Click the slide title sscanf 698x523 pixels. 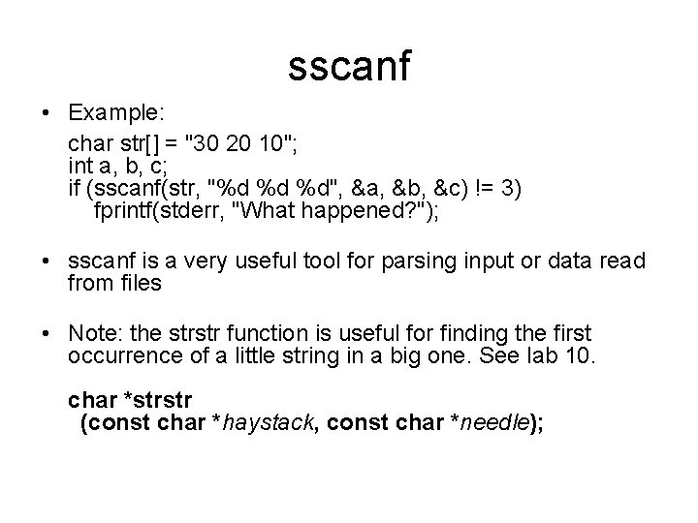click(x=349, y=66)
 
